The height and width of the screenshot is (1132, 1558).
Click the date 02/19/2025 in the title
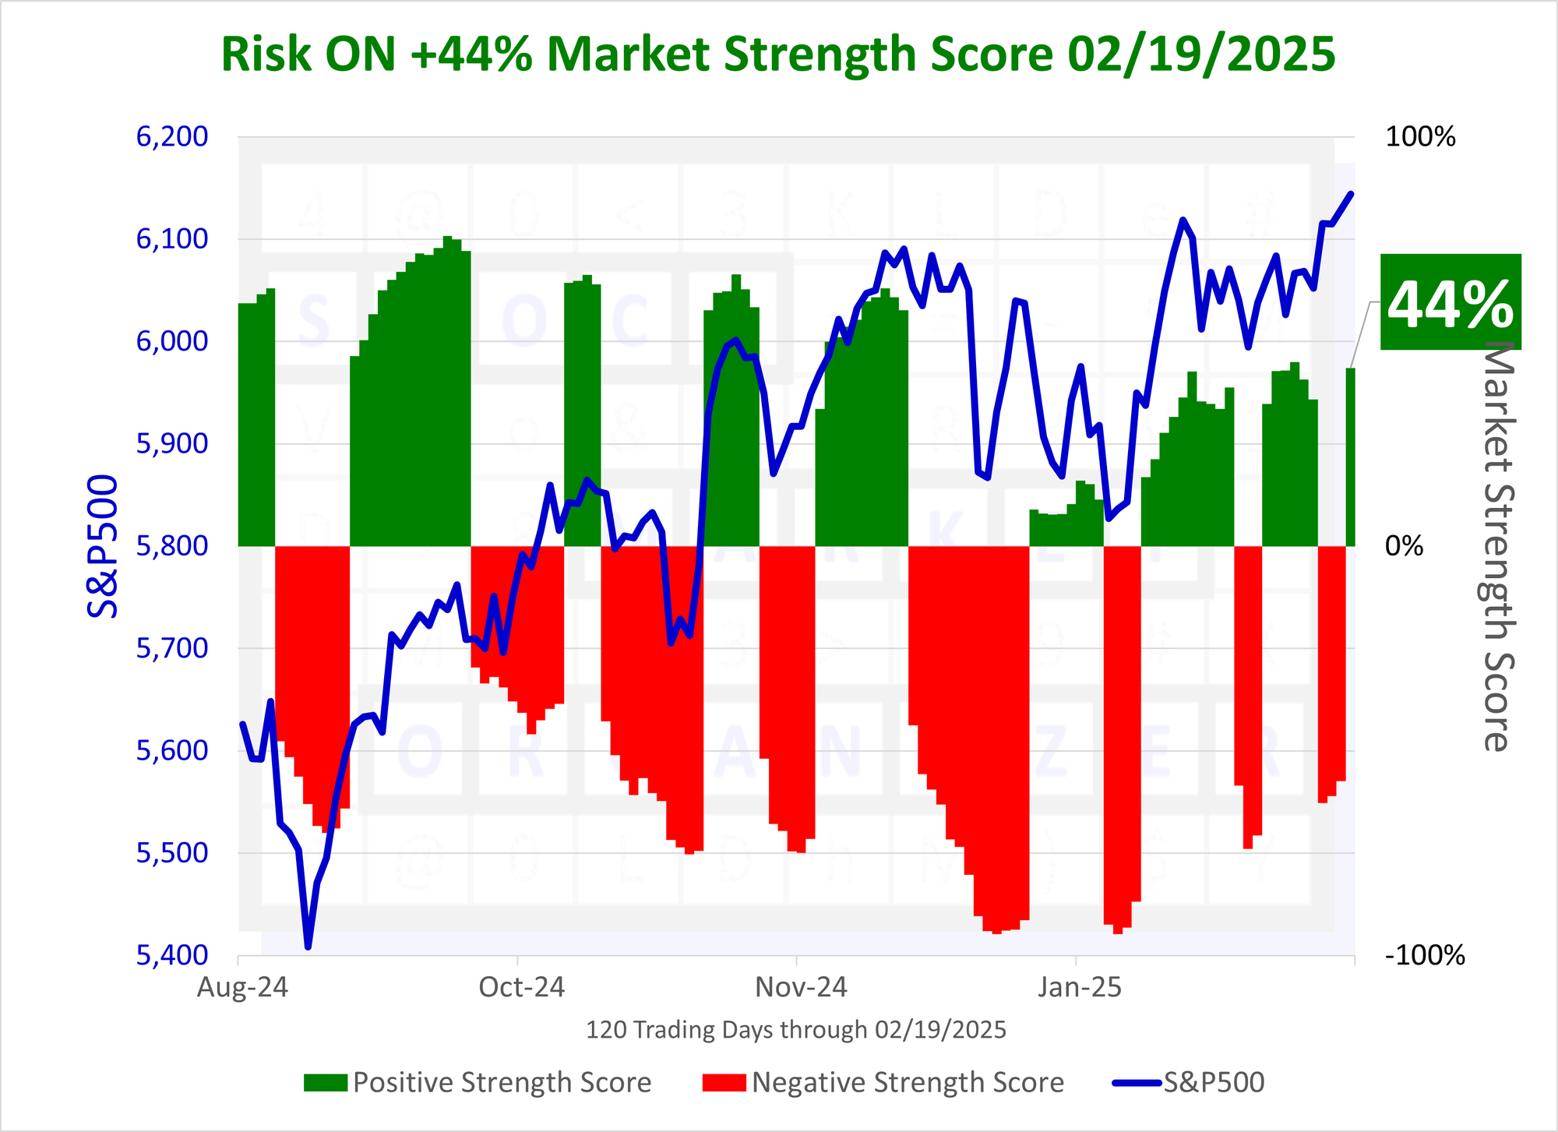point(1201,55)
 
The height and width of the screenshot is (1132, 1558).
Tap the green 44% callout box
point(1450,302)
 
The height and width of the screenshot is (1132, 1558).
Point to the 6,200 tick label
point(172,137)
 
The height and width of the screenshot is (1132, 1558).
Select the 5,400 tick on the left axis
point(172,955)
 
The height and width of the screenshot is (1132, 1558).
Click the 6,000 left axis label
point(172,341)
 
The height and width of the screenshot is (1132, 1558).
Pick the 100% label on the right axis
point(1420,137)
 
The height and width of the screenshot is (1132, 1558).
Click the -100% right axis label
point(1425,955)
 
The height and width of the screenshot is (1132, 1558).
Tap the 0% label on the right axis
point(1404,546)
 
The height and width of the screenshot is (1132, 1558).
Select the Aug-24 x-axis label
point(242,988)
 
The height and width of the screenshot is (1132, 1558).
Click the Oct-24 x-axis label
point(521,988)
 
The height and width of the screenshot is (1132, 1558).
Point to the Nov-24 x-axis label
point(801,988)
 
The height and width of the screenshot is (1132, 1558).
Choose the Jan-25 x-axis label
point(1080,988)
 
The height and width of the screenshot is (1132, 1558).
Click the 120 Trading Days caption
point(795,1030)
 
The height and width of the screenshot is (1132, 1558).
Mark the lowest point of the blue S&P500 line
point(308,947)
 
